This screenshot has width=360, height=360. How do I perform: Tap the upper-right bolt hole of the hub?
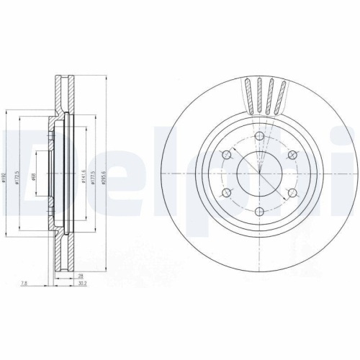point(293,156)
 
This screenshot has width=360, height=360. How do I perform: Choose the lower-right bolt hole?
point(293,193)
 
